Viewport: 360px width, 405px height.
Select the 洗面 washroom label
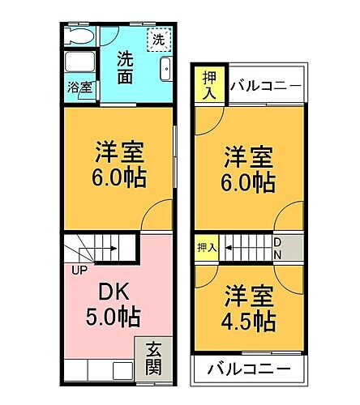[x=125, y=67]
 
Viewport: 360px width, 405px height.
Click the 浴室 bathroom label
[x=78, y=87]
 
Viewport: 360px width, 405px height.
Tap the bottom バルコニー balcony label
[x=248, y=370]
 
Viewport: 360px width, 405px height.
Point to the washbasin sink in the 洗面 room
[x=165, y=68]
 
